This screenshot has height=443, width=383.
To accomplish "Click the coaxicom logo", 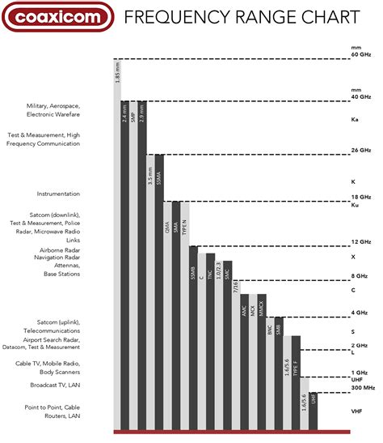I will (53, 16).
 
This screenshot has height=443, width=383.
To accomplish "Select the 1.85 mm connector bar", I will (117, 243).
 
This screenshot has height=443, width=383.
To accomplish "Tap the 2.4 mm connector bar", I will (125, 267).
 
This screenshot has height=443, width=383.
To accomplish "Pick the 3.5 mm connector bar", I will (151, 292).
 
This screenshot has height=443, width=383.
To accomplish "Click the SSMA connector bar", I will (159, 292).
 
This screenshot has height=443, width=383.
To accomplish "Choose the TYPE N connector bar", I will (185, 316).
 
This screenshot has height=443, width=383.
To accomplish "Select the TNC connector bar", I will (210, 340).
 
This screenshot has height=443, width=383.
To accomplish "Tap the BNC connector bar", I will (270, 373).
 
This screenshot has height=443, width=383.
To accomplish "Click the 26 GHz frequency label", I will (360, 151).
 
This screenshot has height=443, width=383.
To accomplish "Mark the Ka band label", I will (354, 119).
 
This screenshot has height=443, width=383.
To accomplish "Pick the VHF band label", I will (356, 411).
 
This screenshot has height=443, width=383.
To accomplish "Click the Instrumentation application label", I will (58, 194).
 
